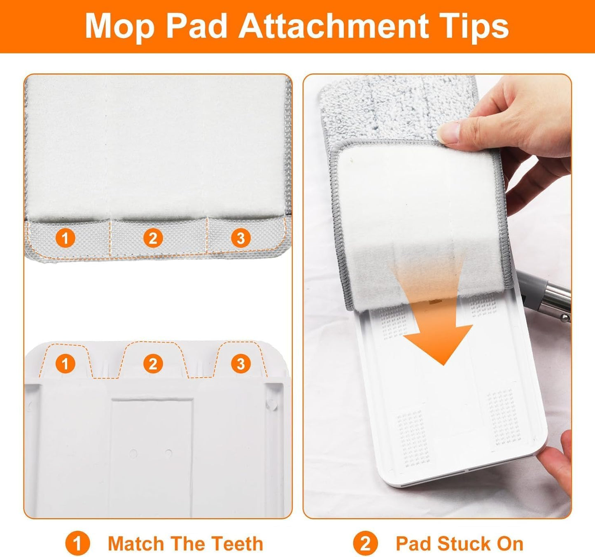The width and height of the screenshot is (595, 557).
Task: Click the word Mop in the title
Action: tap(120, 26)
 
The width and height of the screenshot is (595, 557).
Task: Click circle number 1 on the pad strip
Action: tap(65, 238)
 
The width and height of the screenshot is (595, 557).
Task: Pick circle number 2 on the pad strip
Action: tap(153, 238)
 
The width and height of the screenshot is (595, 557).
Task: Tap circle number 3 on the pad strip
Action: tap(241, 238)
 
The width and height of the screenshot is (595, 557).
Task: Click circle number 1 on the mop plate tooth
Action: tap(65, 364)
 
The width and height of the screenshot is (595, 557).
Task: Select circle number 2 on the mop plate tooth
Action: tap(153, 364)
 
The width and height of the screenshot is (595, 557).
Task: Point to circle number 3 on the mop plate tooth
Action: tap(241, 364)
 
